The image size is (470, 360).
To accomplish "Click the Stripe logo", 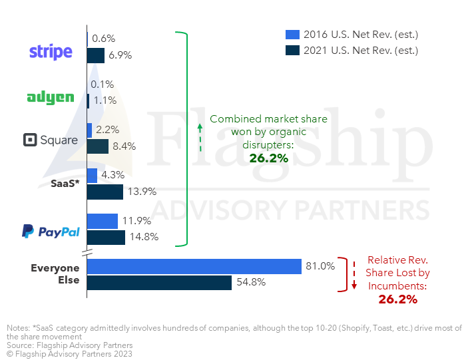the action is pyautogui.click(x=51, y=52).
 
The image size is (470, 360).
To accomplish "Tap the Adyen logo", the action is pyautogui.click(x=51, y=98).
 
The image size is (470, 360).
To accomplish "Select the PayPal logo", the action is pyautogui.click(x=51, y=231).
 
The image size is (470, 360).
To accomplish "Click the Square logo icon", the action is pyautogui.click(x=30, y=140).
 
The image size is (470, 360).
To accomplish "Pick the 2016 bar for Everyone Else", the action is pyautogui.click(x=194, y=266).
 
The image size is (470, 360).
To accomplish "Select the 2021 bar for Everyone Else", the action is pyautogui.click(x=159, y=283).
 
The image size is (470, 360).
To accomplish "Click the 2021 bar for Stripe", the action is pyautogui.click(x=96, y=56).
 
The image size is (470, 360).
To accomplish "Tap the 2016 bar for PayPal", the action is pyautogui.click(x=103, y=221).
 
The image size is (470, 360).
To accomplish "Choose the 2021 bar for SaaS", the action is pyautogui.click(x=105, y=192).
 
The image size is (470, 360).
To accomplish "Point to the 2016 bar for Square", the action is pyautogui.click(x=89, y=130).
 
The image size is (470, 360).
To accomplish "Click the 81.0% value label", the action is pyautogui.click(x=320, y=266).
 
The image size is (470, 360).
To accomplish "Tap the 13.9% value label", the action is pyautogui.click(x=142, y=192).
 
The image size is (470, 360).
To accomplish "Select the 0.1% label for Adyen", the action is pyautogui.click(x=103, y=84).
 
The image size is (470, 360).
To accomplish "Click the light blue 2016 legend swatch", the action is pyautogui.click(x=292, y=35).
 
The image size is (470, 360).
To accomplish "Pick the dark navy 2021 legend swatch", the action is pyautogui.click(x=292, y=51).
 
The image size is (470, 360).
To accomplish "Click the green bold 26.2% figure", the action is pyautogui.click(x=268, y=158).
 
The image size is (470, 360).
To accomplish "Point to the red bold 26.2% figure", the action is pyautogui.click(x=397, y=299).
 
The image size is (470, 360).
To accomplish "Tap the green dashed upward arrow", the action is pyautogui.click(x=200, y=138).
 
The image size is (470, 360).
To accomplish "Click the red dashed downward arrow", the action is pyautogui.click(x=354, y=275).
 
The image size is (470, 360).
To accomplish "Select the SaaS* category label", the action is pyautogui.click(x=65, y=183).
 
